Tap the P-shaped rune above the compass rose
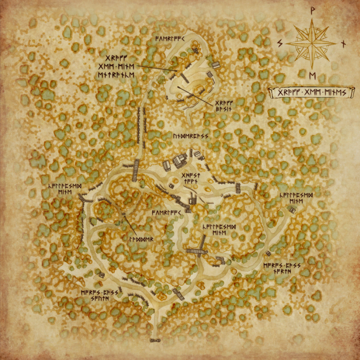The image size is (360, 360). coord(313,9)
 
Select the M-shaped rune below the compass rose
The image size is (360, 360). coord(313,76)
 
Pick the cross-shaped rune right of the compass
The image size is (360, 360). coord(344,44)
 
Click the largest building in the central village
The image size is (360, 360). coord(179,161)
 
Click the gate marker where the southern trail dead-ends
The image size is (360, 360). coord(154,340)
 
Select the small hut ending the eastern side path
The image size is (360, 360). coord(292,209)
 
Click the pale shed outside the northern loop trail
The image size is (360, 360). coord(216,65)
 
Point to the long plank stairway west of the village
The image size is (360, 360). coord(136,170)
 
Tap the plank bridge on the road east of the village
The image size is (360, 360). coord(238,188)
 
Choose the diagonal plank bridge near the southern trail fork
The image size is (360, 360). coord(178,294)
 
